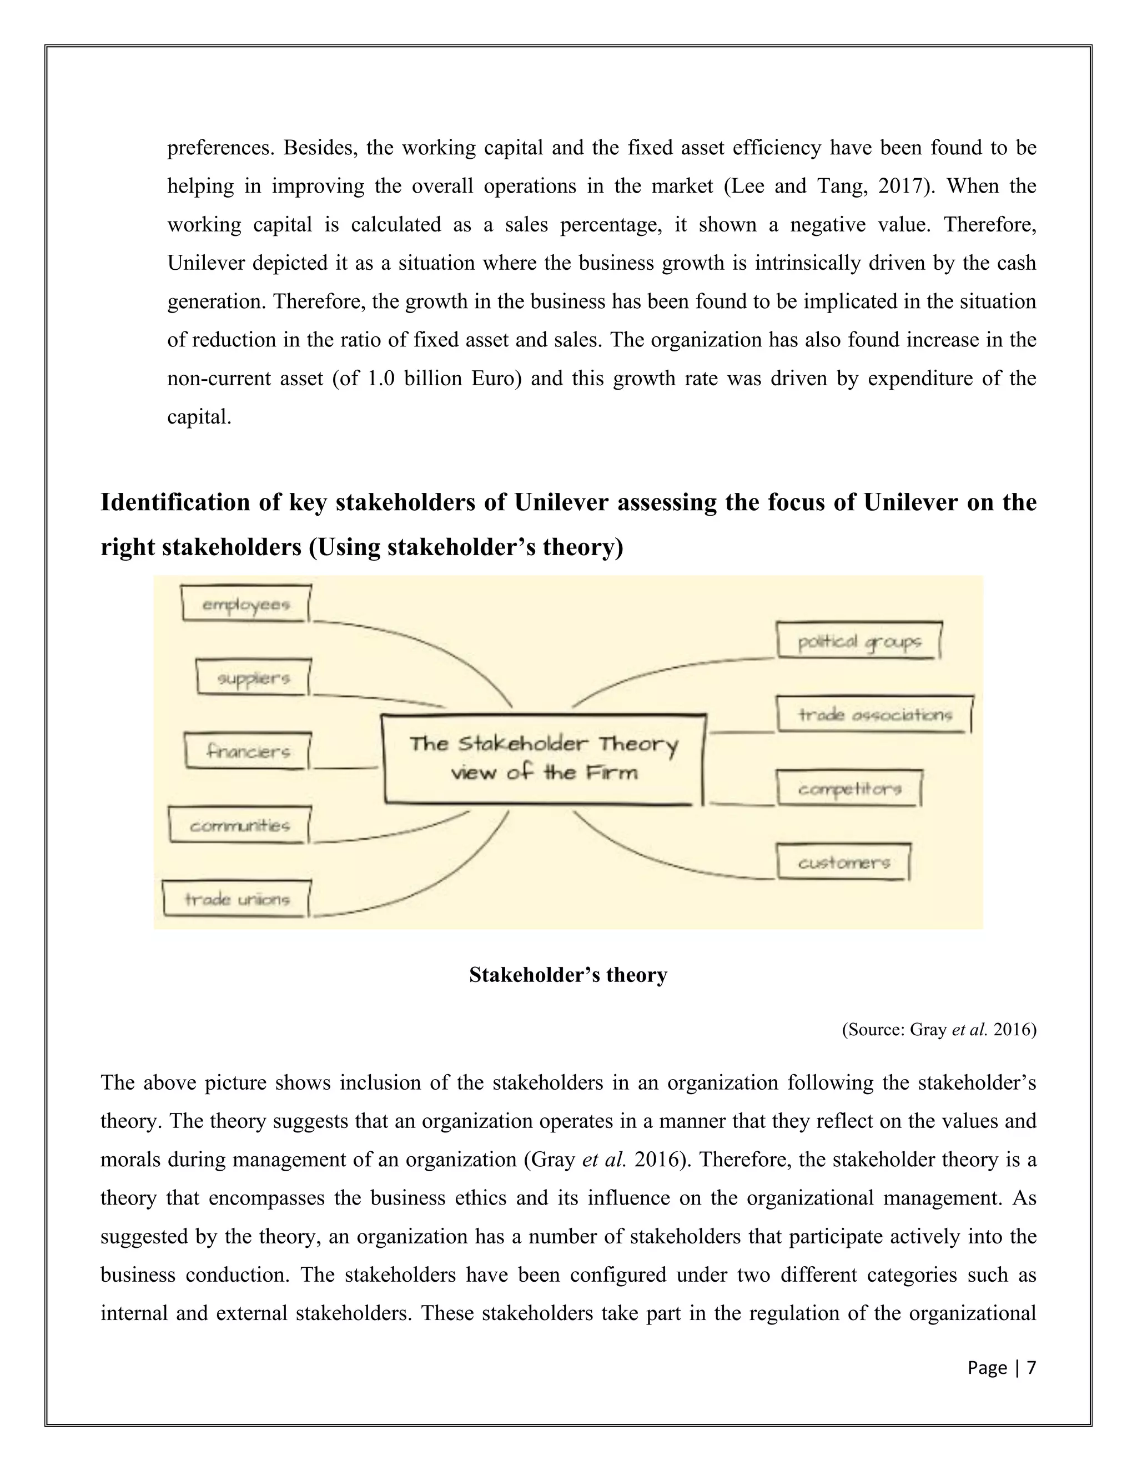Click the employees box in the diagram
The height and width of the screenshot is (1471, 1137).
point(246,604)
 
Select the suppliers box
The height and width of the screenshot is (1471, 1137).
point(253,678)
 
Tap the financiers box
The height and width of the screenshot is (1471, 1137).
point(248,751)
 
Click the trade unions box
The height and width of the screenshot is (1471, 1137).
point(237,899)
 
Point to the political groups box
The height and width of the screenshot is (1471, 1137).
point(859,641)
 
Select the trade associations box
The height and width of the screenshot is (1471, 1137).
point(874,714)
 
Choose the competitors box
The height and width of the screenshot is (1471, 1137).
point(849,789)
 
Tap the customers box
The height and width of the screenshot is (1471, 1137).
point(844,862)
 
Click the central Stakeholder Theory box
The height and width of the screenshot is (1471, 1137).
point(544,758)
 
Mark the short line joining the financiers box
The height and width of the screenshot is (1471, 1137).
point(345,767)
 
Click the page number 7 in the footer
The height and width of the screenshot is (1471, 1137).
point(1030,1368)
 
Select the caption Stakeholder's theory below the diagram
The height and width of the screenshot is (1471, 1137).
point(568,975)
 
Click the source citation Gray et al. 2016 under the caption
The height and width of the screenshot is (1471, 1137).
point(938,1030)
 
